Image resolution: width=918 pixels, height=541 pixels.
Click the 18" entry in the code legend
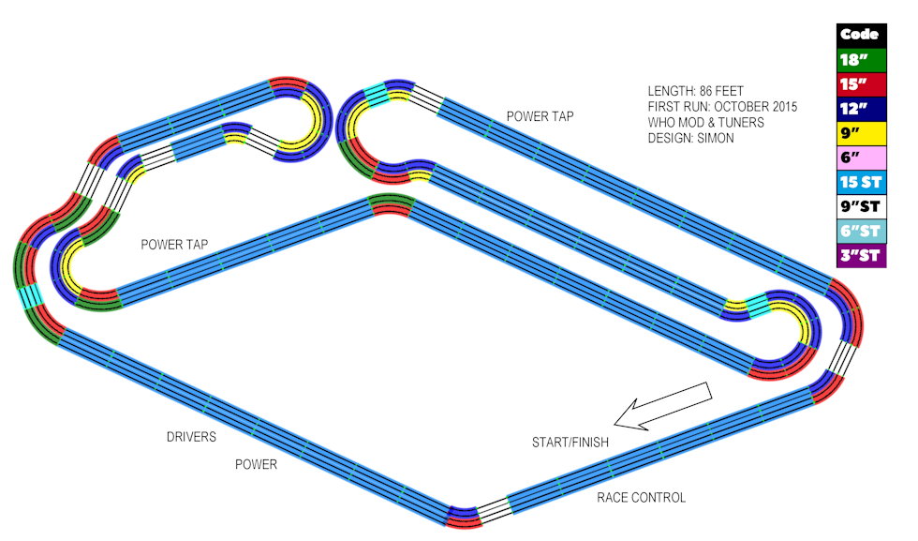point(860,59)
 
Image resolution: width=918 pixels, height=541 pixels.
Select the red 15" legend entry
point(860,84)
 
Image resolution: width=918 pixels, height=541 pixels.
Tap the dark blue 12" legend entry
point(860,109)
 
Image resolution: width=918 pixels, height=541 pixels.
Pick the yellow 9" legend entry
point(860,133)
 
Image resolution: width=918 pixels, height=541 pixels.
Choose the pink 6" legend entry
point(860,158)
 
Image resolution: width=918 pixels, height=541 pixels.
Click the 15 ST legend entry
point(860,182)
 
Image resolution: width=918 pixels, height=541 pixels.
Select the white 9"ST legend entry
point(860,206)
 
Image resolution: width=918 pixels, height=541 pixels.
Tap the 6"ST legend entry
point(860,231)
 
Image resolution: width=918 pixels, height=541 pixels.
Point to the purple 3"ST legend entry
point(860,255)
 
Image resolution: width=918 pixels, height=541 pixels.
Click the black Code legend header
point(860,35)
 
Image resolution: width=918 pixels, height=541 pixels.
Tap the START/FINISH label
point(570,442)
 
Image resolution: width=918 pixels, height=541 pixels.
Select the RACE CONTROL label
point(641,498)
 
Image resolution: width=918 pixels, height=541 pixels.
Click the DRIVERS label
point(191,437)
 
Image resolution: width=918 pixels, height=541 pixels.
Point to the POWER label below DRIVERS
point(256,464)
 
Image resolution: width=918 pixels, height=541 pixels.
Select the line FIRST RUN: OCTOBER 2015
point(722,107)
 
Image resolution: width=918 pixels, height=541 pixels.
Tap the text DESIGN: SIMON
point(690,139)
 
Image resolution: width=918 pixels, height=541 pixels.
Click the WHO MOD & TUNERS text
point(705,123)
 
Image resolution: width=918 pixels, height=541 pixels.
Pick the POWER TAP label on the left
point(174,245)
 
